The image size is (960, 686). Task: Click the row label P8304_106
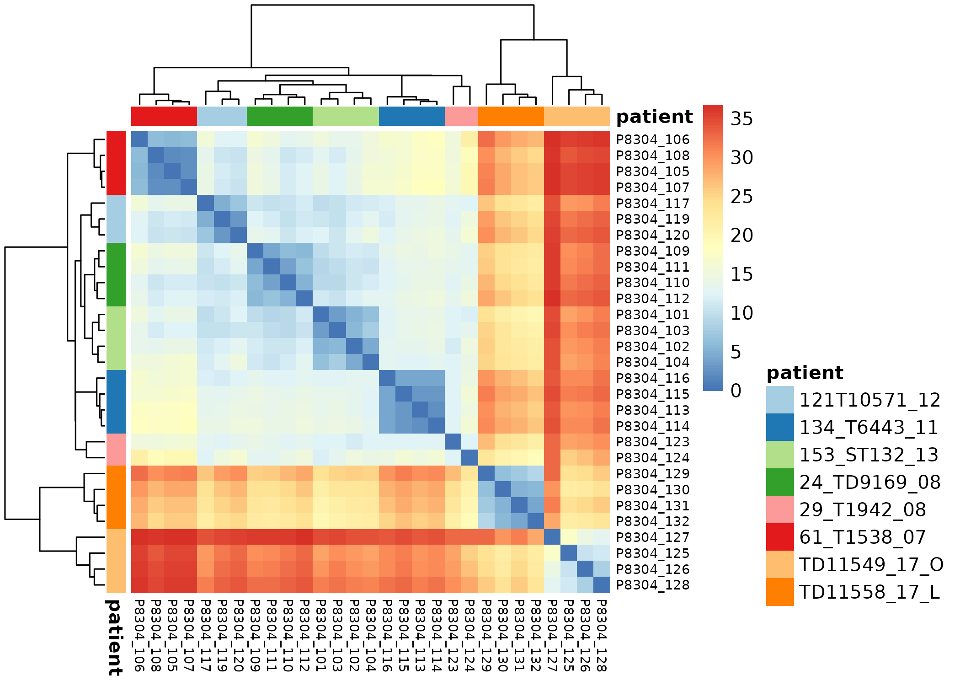(652, 139)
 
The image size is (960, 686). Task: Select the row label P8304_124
(652, 458)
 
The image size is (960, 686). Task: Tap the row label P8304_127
(652, 537)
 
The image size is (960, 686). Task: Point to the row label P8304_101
(652, 315)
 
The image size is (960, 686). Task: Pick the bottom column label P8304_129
(486, 635)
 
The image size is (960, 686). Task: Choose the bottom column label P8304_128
(602, 635)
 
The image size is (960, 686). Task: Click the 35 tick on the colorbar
(741, 119)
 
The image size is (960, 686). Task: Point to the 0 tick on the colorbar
(736, 391)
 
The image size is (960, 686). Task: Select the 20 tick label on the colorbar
(741, 236)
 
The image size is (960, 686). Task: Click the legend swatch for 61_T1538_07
(780, 537)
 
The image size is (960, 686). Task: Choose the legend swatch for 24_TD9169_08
(780, 482)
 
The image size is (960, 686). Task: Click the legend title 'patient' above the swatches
(805, 373)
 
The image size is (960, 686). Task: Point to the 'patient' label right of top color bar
(654, 117)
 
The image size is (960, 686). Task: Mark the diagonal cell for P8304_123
(453, 442)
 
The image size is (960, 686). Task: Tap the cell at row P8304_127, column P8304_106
(139, 537)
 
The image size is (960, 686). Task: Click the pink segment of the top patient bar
(461, 116)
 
